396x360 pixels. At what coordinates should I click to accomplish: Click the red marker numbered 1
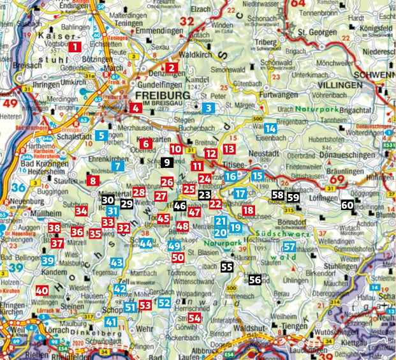click(x=76, y=47)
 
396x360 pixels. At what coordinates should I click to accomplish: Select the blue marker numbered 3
click(x=208, y=108)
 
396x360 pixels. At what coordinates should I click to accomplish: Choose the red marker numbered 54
click(x=194, y=317)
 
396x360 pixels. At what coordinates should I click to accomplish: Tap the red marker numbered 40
click(x=42, y=290)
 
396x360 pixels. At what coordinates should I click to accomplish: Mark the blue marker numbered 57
click(x=289, y=246)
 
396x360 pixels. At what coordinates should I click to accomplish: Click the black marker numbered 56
click(x=255, y=279)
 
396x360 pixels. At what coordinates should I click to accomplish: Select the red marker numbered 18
click(x=248, y=210)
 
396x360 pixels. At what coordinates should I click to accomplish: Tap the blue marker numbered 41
click(x=112, y=322)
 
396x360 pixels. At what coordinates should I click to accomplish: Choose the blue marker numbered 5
click(x=101, y=135)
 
